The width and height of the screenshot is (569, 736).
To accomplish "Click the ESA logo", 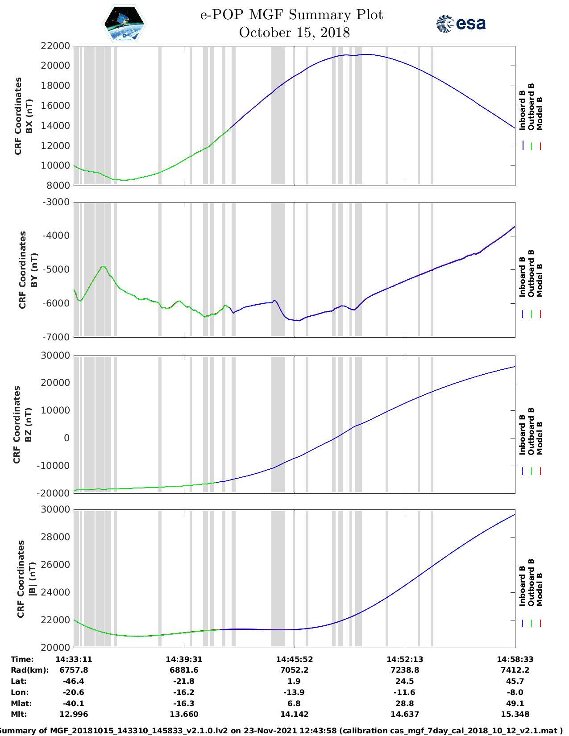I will (x=461, y=24).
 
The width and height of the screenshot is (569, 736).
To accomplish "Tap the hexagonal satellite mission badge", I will (x=125, y=24).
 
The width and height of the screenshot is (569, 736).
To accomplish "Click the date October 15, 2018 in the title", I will (x=294, y=33).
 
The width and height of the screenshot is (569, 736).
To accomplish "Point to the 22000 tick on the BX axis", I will (x=56, y=46).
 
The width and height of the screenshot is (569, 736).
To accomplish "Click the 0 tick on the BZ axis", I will (x=66, y=438).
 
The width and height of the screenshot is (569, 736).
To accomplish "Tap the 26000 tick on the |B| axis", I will (x=56, y=565).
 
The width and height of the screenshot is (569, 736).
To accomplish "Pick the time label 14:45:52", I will (x=294, y=659).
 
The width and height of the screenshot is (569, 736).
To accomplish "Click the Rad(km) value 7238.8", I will (x=405, y=670).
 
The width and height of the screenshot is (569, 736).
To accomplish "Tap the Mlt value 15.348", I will (x=515, y=714).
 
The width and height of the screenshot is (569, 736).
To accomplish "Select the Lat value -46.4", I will (x=74, y=681).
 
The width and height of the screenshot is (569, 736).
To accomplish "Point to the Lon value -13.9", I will (x=294, y=692).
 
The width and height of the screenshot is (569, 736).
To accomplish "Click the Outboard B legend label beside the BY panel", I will (x=531, y=273).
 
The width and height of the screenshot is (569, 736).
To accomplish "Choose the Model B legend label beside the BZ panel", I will (x=540, y=438).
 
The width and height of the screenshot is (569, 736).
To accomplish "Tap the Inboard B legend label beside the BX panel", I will (x=522, y=111).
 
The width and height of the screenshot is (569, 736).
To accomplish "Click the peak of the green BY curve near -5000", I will (x=103, y=266).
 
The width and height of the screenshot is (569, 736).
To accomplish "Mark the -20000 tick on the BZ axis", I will (x=54, y=493).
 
